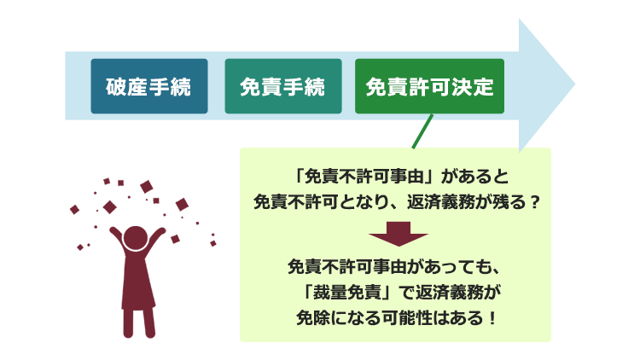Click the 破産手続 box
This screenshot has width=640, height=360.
149,86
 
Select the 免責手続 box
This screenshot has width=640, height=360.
283,86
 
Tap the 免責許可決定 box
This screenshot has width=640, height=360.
429,86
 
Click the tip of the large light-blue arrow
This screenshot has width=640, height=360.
574,84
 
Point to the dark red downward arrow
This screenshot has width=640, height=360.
399,234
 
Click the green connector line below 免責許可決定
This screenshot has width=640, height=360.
422,131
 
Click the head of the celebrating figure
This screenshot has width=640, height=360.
136,238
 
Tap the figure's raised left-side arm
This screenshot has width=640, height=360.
118,238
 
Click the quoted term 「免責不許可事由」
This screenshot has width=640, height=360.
364,177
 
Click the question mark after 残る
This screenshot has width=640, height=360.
535,202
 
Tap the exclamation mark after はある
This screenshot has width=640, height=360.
492,317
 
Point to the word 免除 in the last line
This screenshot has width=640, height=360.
312,317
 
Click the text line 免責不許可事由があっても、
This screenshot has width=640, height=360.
394,266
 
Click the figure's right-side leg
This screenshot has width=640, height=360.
148,323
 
